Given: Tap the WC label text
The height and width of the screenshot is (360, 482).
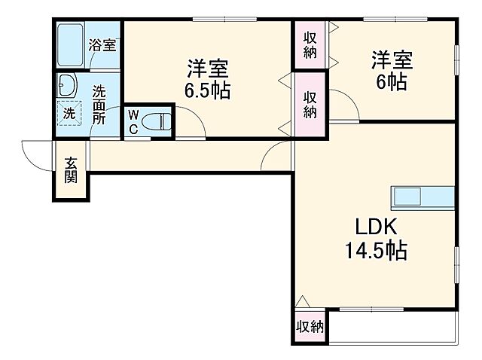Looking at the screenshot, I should [133, 121].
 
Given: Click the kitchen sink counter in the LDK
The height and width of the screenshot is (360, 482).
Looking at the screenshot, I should [422, 197].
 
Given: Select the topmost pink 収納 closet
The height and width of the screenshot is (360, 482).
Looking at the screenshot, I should [310, 44].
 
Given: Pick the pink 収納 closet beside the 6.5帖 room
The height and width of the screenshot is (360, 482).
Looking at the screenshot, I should [310, 104].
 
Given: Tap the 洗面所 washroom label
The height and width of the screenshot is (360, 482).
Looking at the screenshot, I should [99, 106].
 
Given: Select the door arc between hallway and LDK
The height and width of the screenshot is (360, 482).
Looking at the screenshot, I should [278, 154].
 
